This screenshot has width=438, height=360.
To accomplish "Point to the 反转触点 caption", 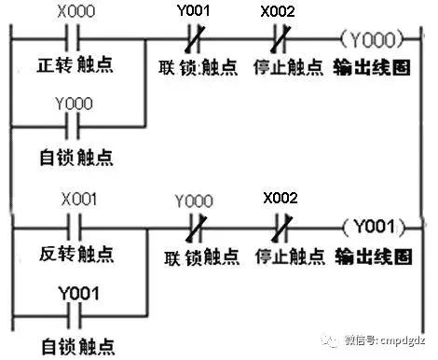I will coord(78,254).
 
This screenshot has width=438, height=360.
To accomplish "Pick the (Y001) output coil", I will coord(373,227).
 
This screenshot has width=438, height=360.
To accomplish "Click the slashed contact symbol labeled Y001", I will coord(194,40).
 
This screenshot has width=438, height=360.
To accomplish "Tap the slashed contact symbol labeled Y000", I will coord(194,227).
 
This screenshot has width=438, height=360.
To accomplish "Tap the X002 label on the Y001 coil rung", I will coord(280,199).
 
